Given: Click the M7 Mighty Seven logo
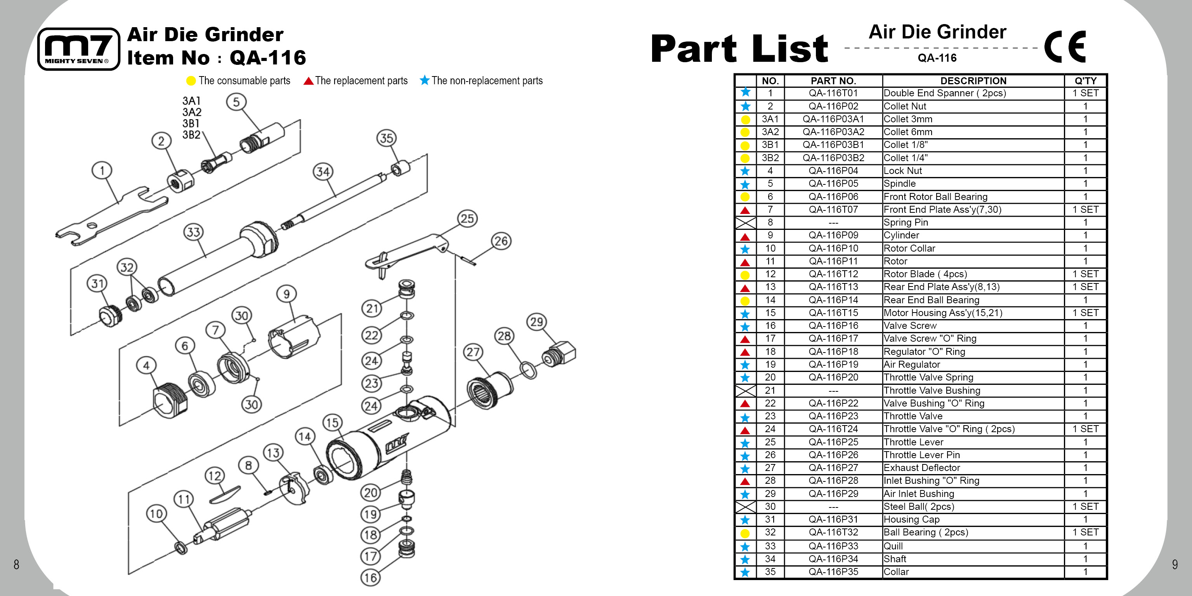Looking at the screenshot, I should (x=78, y=49).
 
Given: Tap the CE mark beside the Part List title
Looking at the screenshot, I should (x=1065, y=46).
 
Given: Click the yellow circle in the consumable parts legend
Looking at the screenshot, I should (x=191, y=81).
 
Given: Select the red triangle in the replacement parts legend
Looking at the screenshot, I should (x=308, y=82).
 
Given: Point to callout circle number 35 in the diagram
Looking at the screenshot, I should (x=386, y=138).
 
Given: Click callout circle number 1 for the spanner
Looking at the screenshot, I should (x=102, y=170).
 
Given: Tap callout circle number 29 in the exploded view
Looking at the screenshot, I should (x=536, y=321).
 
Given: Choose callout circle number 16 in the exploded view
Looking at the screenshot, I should (x=370, y=577).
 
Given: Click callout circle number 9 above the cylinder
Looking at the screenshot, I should (x=286, y=294).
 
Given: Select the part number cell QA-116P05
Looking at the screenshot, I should (x=833, y=184).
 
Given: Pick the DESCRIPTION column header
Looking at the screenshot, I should (x=973, y=80).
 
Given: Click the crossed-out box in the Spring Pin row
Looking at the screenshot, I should (x=745, y=222).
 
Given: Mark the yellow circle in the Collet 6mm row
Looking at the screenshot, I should (x=745, y=132).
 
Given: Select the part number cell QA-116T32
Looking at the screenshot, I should (x=833, y=533).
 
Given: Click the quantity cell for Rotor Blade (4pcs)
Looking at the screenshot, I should (x=1085, y=274).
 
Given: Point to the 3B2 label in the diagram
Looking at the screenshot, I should (x=191, y=135).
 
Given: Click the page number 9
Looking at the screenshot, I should (x=1175, y=565).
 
